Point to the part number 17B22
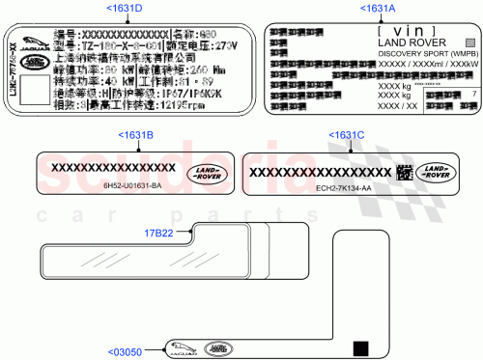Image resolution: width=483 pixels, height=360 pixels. [x=159, y=233]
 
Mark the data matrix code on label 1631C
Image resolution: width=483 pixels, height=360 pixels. [x=406, y=174]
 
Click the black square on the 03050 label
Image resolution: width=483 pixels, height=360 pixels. [x=362, y=347]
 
